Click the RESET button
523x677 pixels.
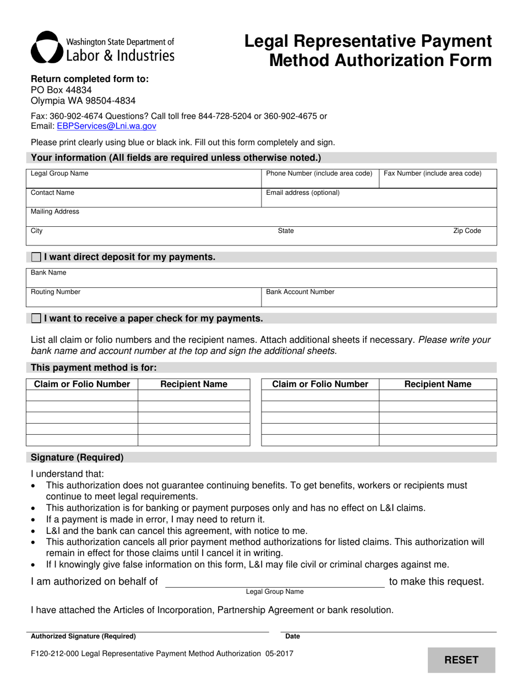(x=461, y=660)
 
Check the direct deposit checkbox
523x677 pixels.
(x=36, y=257)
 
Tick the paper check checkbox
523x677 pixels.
(x=36, y=318)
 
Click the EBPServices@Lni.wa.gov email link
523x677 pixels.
(x=106, y=126)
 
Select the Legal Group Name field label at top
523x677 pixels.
(x=59, y=173)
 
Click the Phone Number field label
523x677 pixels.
(x=319, y=173)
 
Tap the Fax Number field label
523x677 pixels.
(x=432, y=173)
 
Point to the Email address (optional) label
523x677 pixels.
(x=303, y=193)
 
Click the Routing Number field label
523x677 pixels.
(x=56, y=292)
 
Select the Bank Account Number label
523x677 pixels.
(x=300, y=292)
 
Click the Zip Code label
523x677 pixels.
(x=467, y=231)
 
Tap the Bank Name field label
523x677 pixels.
(x=48, y=272)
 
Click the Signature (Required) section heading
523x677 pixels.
(x=77, y=457)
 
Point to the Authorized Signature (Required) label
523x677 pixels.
(x=83, y=636)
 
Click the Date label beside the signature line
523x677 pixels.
(x=293, y=636)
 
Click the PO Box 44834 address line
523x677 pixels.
(x=61, y=90)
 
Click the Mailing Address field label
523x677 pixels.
(x=55, y=211)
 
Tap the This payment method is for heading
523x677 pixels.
(x=94, y=368)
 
